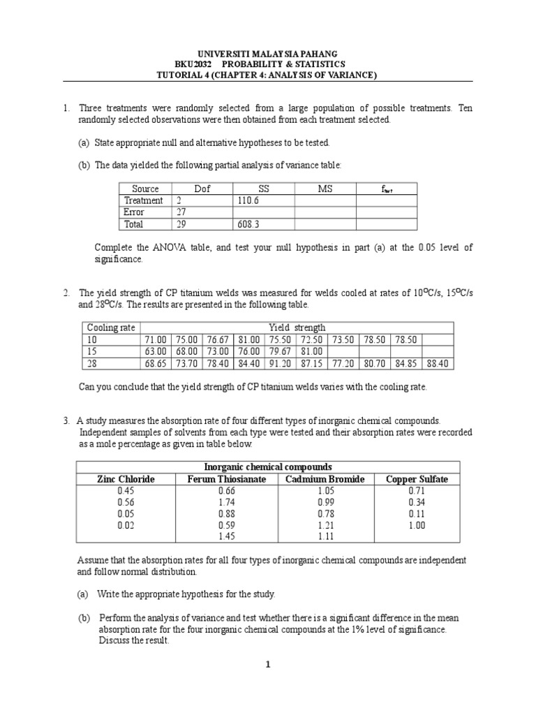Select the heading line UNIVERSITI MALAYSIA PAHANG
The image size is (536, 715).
coord(267,53)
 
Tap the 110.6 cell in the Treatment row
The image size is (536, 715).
coord(250,200)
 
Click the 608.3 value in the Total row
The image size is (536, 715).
coord(250,224)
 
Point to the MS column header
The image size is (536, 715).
coord(325,189)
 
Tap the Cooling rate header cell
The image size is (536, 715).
coord(111,327)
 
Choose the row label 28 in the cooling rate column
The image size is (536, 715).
coord(92,364)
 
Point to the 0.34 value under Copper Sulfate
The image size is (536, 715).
coord(417,502)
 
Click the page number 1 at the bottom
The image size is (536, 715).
coord(267,665)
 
